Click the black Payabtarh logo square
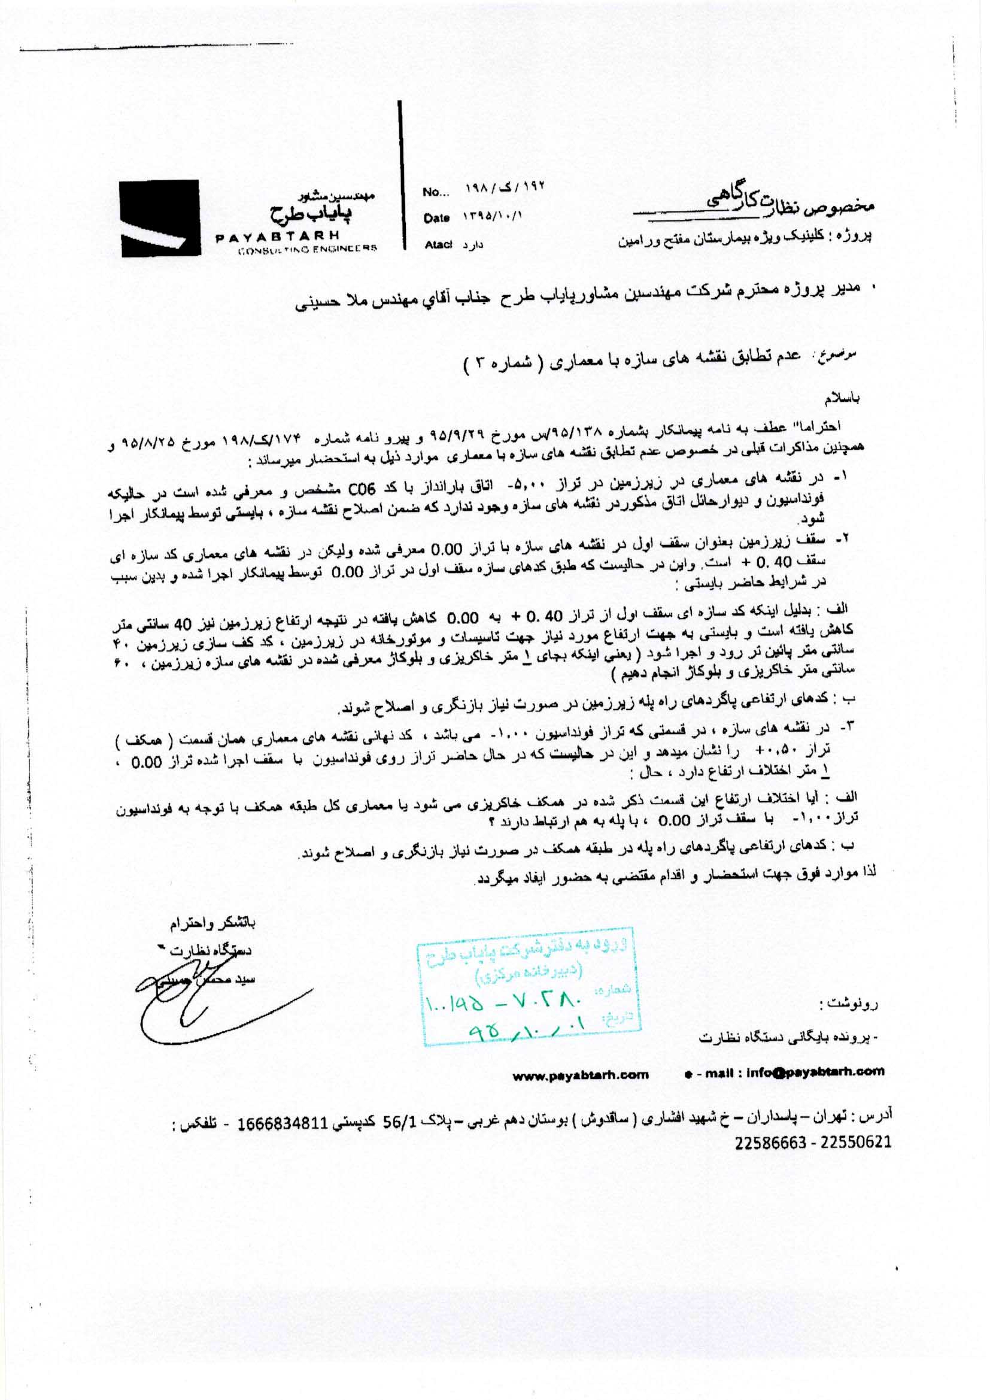click(160, 218)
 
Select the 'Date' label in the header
click(436, 219)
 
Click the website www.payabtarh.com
click(581, 1074)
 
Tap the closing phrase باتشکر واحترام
click(213, 923)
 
